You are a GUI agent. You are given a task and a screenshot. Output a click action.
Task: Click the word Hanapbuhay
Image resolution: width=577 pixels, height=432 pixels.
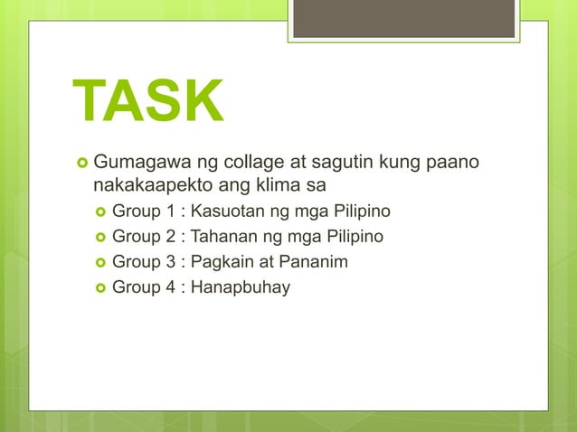coord(241,287)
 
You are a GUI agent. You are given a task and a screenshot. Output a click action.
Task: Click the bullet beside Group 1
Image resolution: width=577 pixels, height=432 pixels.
coord(99,213)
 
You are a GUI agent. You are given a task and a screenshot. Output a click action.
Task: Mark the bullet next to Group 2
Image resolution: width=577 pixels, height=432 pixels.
coord(99,238)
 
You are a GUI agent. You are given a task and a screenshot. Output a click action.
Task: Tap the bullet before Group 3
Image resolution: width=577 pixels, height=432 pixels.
coord(99,263)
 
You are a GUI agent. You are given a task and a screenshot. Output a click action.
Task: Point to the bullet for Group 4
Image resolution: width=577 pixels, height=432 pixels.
coord(99,288)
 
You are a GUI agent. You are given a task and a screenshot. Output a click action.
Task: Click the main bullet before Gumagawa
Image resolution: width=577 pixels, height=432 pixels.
coord(80,164)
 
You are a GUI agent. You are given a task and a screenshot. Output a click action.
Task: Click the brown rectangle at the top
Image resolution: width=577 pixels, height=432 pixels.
coord(403,18)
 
